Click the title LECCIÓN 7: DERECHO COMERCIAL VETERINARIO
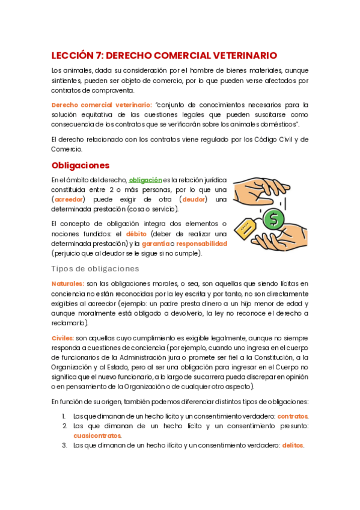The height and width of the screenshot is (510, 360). pos(163,55)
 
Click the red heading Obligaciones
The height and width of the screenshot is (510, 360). pos(81,165)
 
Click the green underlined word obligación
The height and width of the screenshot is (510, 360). pos(145,179)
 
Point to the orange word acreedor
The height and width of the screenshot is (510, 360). pos(69,199)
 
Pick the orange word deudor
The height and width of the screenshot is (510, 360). pos(194,199)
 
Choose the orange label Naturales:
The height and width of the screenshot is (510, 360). pos(67,283)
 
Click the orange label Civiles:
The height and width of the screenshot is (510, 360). pos(63,339)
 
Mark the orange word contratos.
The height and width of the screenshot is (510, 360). pos(293,416)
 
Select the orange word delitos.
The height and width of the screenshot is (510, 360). pos(293,446)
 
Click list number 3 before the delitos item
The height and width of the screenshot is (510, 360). pos(64,446)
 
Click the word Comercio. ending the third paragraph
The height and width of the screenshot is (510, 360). pos(66,149)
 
